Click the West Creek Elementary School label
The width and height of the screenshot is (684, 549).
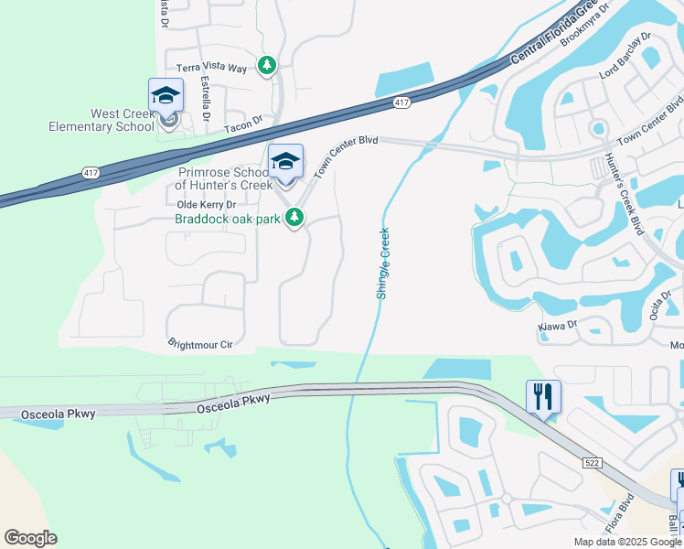102,120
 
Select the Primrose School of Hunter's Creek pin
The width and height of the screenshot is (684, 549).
285,162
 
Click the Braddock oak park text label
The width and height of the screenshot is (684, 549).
227,219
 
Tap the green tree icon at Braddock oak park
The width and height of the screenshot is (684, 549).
294,218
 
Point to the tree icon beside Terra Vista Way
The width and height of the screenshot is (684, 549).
267,66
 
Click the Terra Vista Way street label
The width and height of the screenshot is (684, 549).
211,68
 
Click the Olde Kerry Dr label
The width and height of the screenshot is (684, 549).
206,204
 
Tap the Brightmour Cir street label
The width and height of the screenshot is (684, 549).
201,344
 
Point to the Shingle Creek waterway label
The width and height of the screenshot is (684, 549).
383,263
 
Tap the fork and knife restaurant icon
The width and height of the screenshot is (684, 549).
543,396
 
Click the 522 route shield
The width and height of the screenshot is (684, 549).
590,463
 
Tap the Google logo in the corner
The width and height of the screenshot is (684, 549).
30,538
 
